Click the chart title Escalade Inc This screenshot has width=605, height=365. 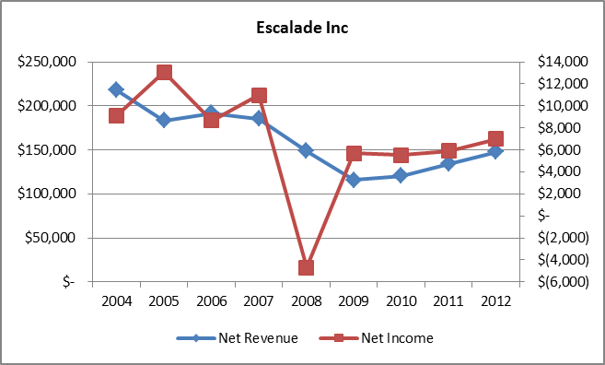pos(302,28)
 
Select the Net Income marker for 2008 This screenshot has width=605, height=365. pos(306,267)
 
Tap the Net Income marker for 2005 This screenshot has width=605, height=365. pos(164,72)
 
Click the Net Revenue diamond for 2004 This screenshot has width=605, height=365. pos(116,89)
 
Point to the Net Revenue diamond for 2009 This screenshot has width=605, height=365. pos(354,180)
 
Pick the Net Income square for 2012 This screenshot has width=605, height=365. pos(495,139)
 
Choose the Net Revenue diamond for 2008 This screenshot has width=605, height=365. pos(306,150)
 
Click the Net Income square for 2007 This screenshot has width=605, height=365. pos(259,95)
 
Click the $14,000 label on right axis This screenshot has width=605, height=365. pos(555,62)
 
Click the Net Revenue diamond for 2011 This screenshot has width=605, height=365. pos(448,164)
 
